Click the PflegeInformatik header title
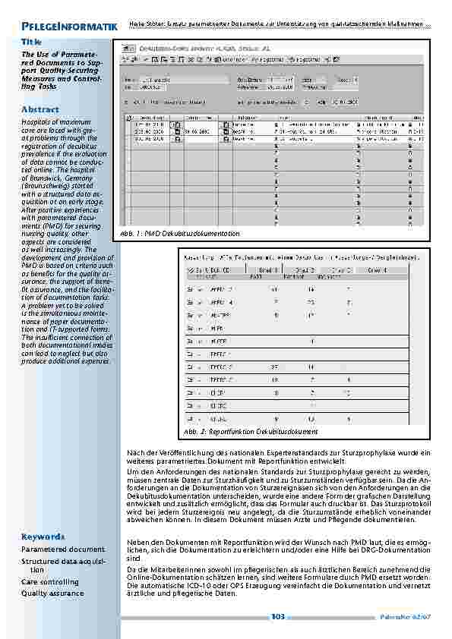68,27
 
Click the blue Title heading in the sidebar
31,42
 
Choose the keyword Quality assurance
52,593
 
